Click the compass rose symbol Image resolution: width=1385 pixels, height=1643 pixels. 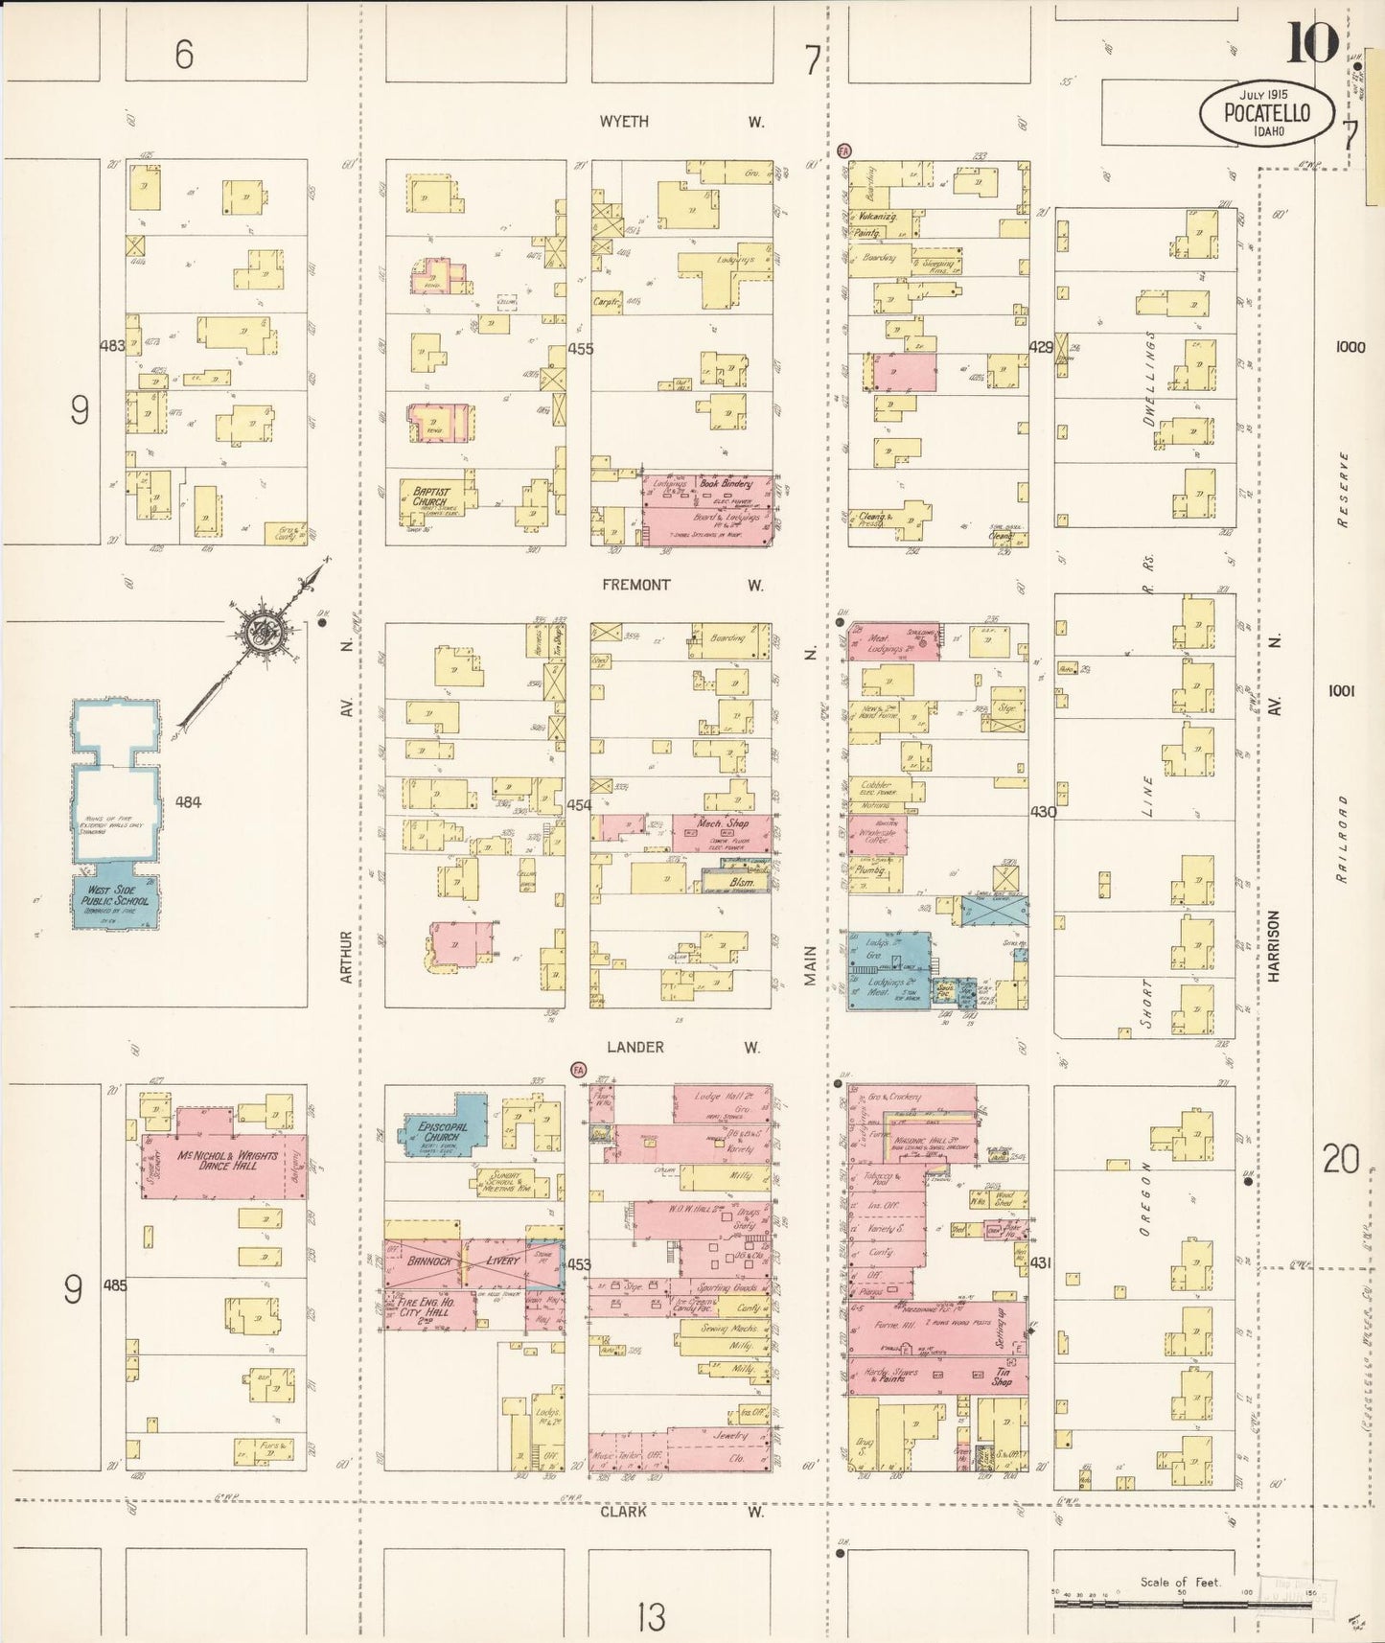[258, 631]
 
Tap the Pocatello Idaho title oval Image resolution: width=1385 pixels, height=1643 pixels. [1266, 112]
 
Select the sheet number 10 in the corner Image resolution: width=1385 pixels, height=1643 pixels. [1312, 43]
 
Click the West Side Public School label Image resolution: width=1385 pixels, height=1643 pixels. [115, 896]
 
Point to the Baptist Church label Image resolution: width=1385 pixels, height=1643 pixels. [429, 497]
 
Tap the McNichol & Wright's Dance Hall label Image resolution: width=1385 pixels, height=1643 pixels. [228, 1160]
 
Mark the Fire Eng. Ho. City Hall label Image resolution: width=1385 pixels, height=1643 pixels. [428, 1307]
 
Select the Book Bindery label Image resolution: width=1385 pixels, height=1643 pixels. [726, 484]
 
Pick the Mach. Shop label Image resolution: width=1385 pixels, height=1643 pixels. [723, 823]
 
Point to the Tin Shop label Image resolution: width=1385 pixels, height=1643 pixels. [1002, 1377]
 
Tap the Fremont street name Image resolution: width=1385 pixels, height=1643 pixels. [636, 585]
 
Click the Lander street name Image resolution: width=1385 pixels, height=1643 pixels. [635, 1048]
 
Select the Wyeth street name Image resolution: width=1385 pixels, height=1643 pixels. [624, 122]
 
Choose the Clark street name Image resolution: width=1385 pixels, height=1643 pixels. [623, 1512]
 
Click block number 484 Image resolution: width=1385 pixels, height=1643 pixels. [188, 801]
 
